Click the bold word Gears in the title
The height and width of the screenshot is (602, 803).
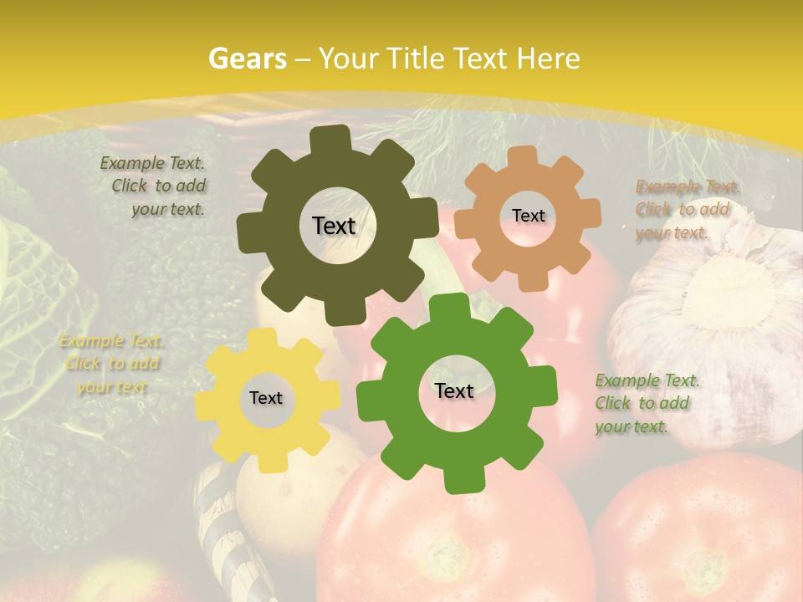(x=247, y=59)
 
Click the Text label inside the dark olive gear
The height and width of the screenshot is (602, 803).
(x=334, y=226)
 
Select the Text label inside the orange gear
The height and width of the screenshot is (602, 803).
(x=528, y=216)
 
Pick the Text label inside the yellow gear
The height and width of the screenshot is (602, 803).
(x=266, y=398)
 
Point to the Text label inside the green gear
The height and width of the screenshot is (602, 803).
(x=454, y=390)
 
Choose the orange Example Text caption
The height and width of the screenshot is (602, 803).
(x=685, y=210)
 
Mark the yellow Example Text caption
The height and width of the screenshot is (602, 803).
(x=110, y=364)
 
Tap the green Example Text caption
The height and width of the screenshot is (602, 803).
(x=645, y=404)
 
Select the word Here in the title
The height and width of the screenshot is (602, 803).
(x=549, y=59)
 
